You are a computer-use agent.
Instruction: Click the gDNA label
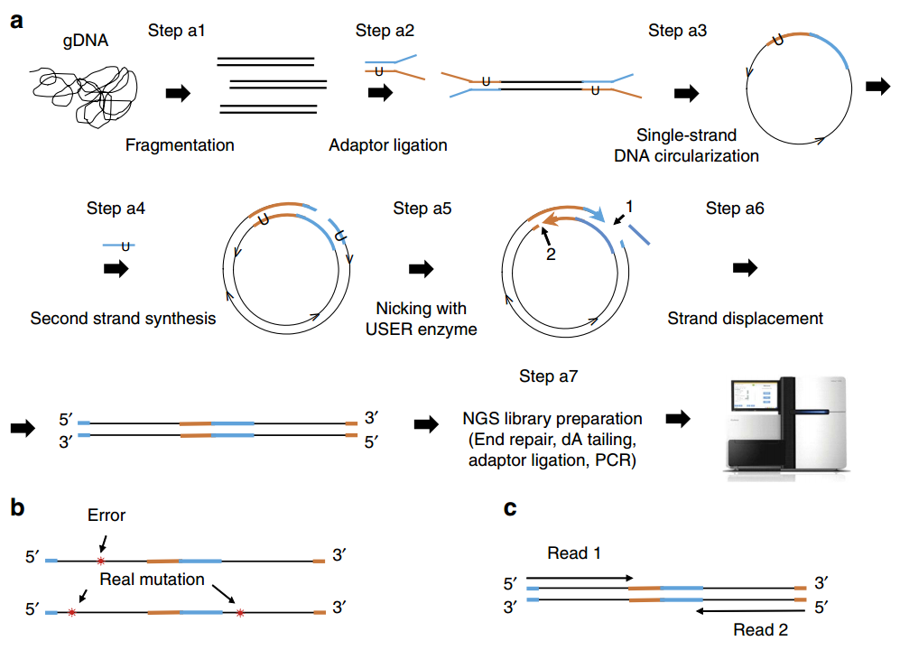pos(86,41)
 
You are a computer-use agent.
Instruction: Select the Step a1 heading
pos(176,31)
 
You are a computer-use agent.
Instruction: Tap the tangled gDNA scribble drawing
pos(84,96)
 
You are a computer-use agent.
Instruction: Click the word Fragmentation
pos(180,144)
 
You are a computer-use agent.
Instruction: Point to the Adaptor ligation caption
pos(388,145)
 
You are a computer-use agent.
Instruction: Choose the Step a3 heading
pos(677,31)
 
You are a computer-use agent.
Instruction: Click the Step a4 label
pos(116,208)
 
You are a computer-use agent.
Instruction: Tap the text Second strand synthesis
pos(123,319)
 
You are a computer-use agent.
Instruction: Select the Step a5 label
pos(422,208)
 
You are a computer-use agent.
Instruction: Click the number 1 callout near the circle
pos(629,206)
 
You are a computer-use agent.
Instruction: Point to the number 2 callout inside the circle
pos(551,255)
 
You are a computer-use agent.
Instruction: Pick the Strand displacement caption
pos(745,319)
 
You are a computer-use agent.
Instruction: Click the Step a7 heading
pos(549,376)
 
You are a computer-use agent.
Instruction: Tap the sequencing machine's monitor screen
pos(755,395)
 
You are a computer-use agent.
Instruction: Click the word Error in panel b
pos(107,515)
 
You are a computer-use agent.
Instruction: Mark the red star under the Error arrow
pos(101,561)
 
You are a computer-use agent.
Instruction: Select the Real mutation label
pos(152,580)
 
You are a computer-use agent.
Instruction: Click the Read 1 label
pos(574,553)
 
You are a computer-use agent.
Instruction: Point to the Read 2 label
pos(760,630)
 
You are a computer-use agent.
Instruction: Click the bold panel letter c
pos(510,508)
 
